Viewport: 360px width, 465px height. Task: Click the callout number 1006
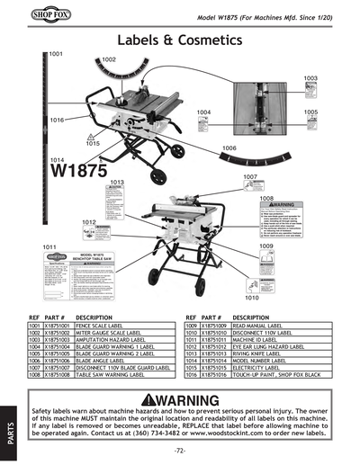coord(229,148)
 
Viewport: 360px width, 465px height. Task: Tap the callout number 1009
coord(266,246)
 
